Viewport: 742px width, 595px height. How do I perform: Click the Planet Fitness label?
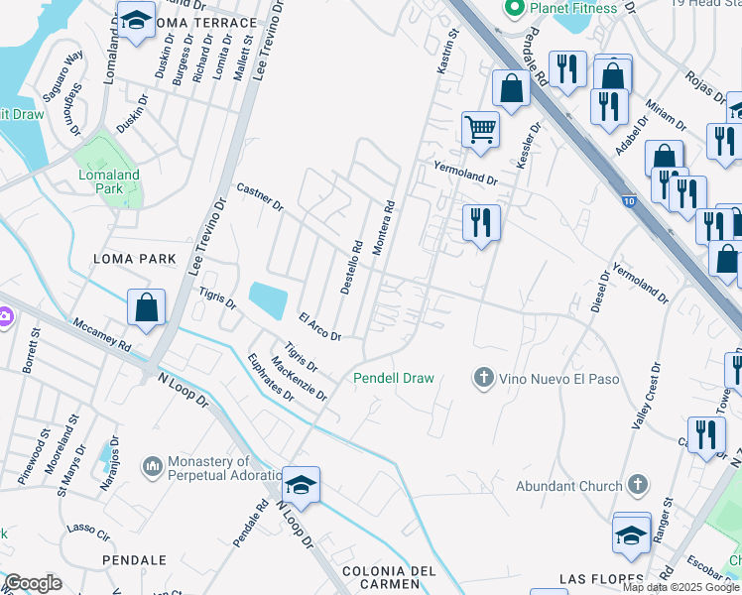click(x=573, y=8)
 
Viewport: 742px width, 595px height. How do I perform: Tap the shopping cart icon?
click(x=480, y=129)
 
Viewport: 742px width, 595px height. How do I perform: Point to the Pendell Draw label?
click(x=395, y=378)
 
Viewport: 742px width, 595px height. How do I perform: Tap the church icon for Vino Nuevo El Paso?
click(x=483, y=377)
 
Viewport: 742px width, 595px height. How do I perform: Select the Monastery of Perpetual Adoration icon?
click(x=152, y=465)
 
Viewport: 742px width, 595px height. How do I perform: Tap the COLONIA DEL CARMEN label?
click(x=389, y=579)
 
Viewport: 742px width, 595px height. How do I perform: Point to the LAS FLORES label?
click(x=596, y=578)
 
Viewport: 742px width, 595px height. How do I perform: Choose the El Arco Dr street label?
click(x=319, y=326)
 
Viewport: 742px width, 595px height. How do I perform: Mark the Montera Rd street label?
click(x=384, y=229)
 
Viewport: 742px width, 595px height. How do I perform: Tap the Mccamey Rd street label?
click(x=101, y=336)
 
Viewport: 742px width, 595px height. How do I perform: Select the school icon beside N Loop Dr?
click(x=301, y=485)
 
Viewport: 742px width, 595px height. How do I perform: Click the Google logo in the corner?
click(x=34, y=583)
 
